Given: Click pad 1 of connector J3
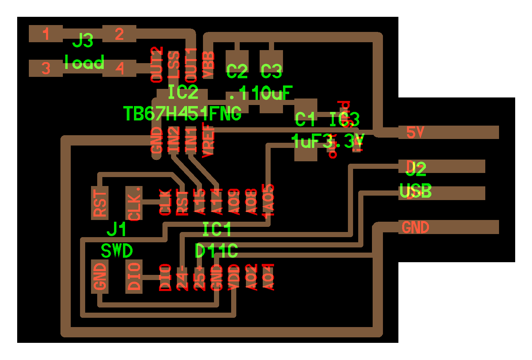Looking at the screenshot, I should coord(46,34).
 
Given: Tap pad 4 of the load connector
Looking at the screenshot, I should coord(120,68).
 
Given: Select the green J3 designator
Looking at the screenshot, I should coord(83,41).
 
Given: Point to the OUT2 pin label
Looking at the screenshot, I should coord(157,65).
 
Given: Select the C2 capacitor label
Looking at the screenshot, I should coord(237,71).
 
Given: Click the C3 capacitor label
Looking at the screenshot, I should coord(271,71).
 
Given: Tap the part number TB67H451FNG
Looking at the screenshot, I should coord(182,114).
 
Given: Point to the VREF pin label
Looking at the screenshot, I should coord(208,142).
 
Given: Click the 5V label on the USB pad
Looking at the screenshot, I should coord(415,132).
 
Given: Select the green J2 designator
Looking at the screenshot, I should coord(416,169).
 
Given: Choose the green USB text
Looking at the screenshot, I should coord(415,191).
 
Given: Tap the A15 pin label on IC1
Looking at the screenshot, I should coord(200,202).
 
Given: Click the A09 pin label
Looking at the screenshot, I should coord(234,202).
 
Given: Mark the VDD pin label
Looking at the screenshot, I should coord(234,277).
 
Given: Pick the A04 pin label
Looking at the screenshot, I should coord(268,277).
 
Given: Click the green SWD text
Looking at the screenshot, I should coord(117,251).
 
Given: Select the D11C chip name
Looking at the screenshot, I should coord(216,251).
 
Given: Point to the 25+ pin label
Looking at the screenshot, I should coord(200,277).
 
